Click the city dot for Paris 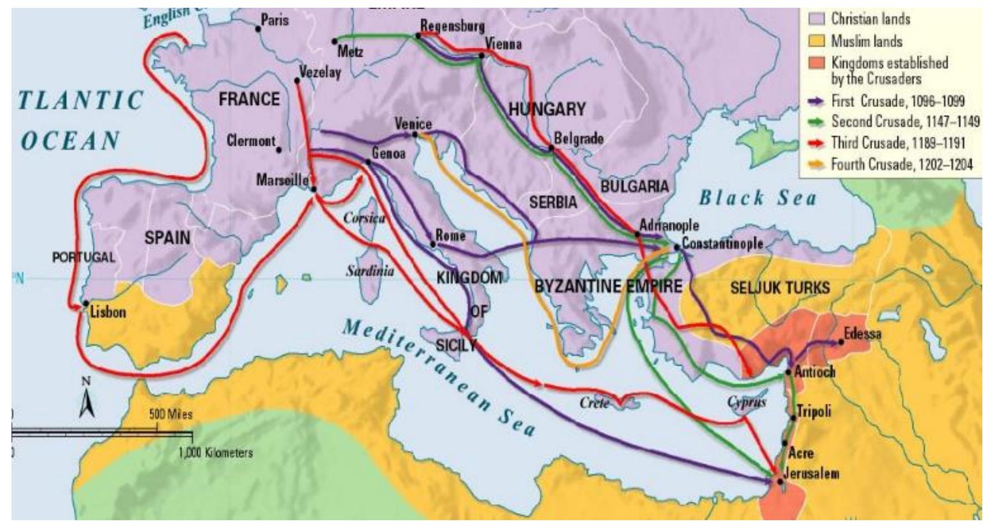click(257, 28)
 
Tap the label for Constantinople click(722, 244)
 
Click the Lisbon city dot click(86, 304)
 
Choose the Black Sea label click(758, 198)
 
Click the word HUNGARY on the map click(547, 110)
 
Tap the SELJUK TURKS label click(779, 288)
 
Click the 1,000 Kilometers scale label click(216, 452)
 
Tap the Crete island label click(594, 403)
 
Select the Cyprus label click(747, 402)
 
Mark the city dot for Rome click(433, 244)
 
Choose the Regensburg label click(452, 26)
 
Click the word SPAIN click(167, 238)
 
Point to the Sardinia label click(370, 272)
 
